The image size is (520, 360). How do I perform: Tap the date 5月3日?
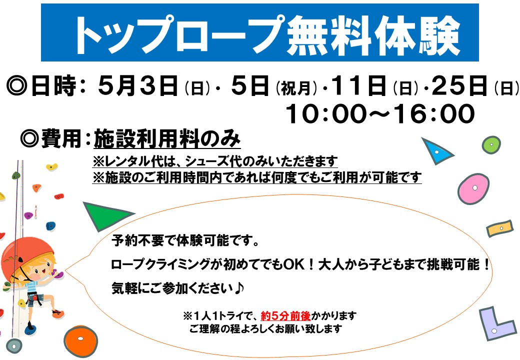[137, 85]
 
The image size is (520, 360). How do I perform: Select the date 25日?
[459, 85]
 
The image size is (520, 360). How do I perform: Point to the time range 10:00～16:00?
[380, 113]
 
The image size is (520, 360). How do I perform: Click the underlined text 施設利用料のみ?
[167, 138]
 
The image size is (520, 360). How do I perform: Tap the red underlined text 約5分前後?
[285, 315]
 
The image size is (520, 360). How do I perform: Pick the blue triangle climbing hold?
[436, 150]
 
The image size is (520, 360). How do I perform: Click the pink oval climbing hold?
[473, 188]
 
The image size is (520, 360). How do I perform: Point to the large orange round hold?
[80, 340]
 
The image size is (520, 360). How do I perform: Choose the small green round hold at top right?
[491, 145]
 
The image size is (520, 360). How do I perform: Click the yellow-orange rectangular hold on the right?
[500, 228]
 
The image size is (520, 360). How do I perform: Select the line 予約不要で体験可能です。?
[185, 240]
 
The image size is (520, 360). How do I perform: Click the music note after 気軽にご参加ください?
[239, 288]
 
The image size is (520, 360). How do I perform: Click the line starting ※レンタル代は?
[215, 161]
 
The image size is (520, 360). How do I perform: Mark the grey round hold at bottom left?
[14, 346]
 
